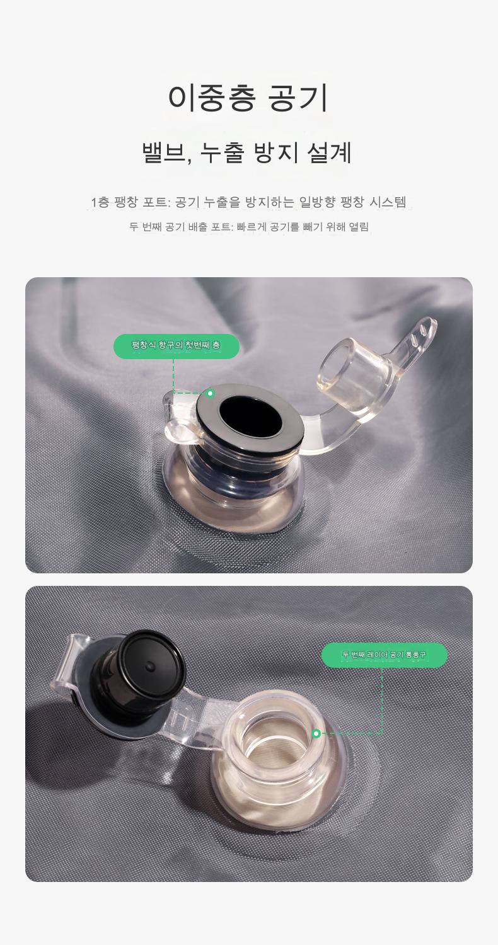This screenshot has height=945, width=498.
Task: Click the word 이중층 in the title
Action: [x=212, y=98]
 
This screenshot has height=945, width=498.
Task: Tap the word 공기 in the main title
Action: [x=298, y=98]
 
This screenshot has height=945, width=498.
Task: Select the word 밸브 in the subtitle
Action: [x=163, y=152]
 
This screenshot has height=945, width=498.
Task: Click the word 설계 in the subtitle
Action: [x=330, y=152]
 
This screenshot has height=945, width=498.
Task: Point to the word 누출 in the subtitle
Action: [x=223, y=152]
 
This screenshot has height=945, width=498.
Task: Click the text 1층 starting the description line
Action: [x=100, y=202]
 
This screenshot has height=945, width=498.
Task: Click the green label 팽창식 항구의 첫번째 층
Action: [x=177, y=345]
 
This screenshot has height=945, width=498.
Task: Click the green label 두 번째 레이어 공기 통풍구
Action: [x=384, y=655]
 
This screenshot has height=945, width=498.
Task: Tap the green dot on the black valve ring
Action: [x=210, y=394]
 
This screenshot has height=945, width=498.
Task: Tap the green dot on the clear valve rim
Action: [x=316, y=734]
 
